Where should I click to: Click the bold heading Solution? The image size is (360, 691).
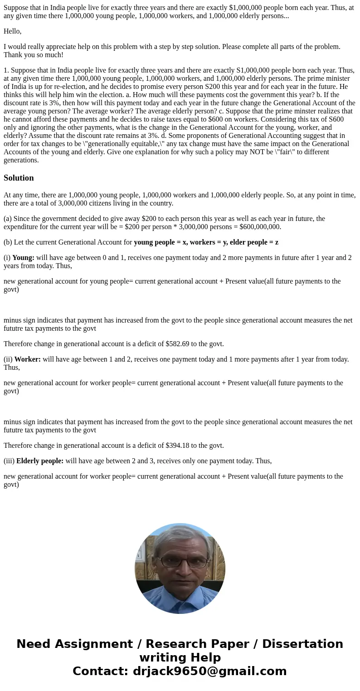coord(19,178)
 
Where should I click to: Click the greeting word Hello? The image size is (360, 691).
coord(12,31)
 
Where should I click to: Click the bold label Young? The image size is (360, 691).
coord(23,258)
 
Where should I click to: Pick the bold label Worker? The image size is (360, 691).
coord(27,359)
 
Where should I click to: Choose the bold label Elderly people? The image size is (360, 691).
coord(40,461)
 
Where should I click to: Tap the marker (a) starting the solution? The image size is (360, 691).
coord(7,219)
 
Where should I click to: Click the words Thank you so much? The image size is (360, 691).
coord(34,55)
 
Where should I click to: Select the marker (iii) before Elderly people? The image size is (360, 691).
coord(9,461)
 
